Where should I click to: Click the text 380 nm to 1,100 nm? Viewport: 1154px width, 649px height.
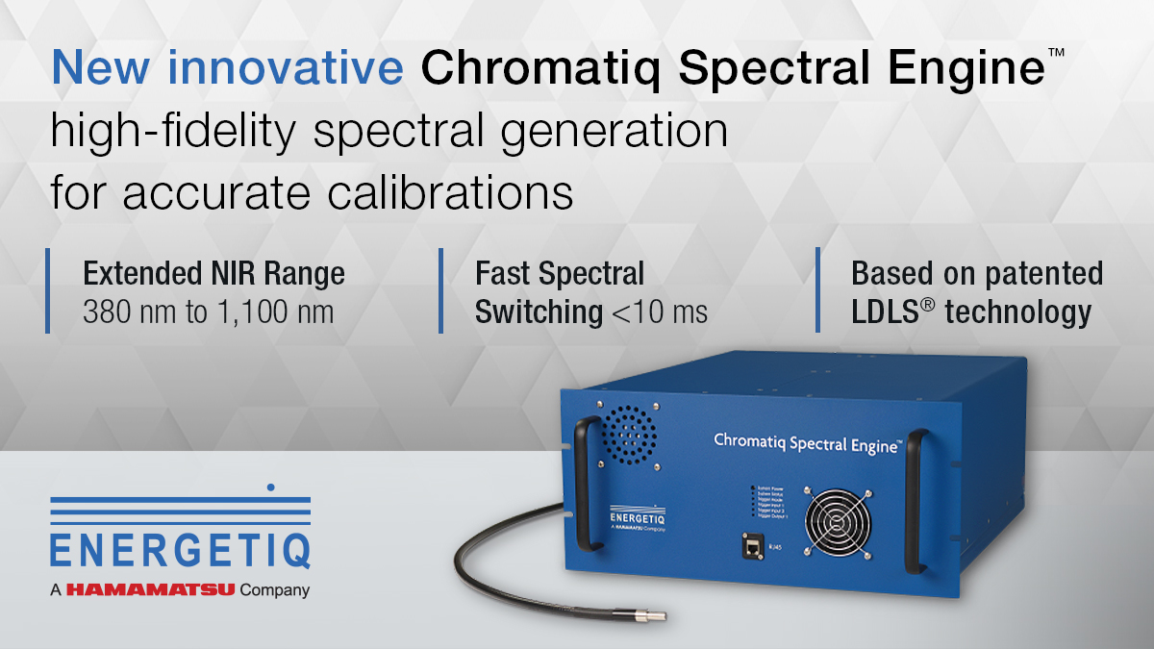click(209, 312)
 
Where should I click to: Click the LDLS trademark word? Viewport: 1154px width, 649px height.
click(891, 312)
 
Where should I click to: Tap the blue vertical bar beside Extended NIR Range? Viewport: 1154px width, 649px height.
click(47, 291)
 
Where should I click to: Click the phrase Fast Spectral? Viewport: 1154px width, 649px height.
click(560, 274)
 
